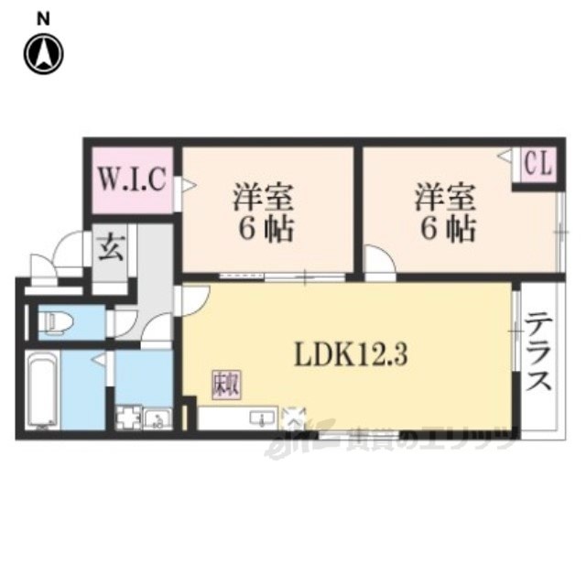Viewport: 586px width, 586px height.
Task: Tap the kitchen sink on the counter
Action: (263, 419)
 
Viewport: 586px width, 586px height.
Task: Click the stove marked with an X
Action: (294, 418)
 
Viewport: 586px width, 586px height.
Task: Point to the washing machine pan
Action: (126, 419)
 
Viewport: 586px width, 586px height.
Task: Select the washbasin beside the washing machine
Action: (157, 420)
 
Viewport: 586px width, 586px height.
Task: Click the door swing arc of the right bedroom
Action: (378, 262)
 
